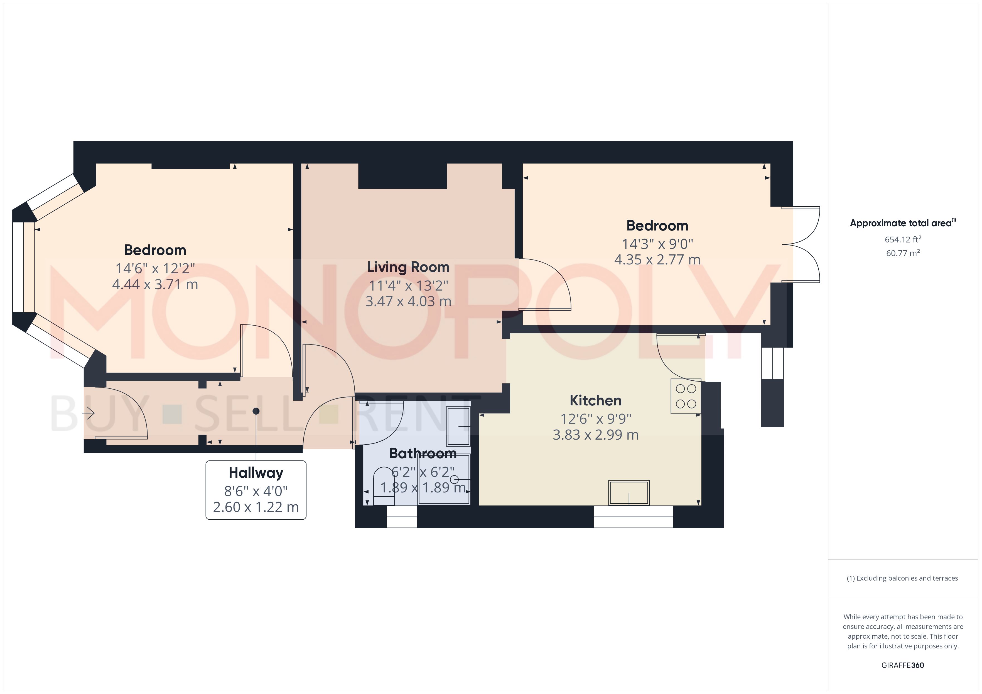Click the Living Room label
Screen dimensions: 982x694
tap(408, 267)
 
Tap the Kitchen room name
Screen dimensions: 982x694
tap(596, 400)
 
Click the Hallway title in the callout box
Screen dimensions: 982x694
tap(256, 473)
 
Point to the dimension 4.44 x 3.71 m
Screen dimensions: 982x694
tap(155, 284)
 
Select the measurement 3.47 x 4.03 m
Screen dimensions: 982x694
tap(408, 301)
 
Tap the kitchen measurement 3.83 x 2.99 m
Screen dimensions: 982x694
tap(596, 435)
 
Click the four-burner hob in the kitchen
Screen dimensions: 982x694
tap(686, 396)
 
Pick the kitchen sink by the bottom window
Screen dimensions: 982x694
tap(629, 492)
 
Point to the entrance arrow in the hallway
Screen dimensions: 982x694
tap(89, 413)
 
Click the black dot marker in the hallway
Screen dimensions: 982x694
tap(256, 411)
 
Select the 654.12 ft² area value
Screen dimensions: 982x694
tap(903, 239)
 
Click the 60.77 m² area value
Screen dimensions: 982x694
tap(903, 253)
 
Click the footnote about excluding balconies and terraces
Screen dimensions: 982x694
tap(902, 578)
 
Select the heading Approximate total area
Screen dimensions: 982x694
tap(902, 223)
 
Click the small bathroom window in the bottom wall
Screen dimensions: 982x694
tap(402, 517)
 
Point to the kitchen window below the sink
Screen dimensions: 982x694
tap(633, 517)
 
